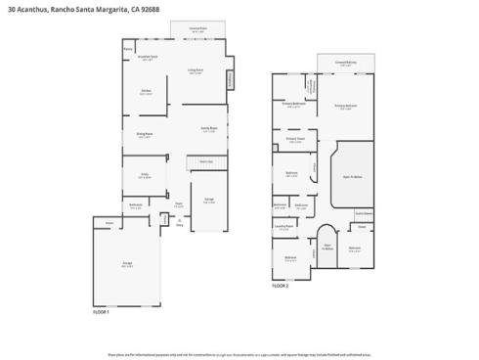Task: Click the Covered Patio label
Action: (x=196, y=29)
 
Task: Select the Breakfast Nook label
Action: (x=149, y=60)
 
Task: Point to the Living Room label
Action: (x=196, y=70)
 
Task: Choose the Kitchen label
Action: (x=146, y=92)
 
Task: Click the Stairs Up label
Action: (x=206, y=161)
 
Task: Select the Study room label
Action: (x=144, y=176)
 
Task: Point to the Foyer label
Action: (x=179, y=205)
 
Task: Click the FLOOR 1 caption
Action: (x=101, y=311)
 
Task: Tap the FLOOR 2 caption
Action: (x=281, y=287)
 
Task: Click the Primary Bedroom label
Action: (x=344, y=107)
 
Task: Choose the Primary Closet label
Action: (x=296, y=139)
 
